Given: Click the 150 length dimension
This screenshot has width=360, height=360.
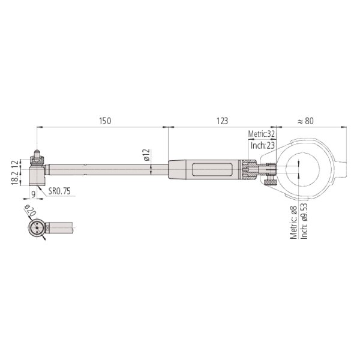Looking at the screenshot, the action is pos(105,121).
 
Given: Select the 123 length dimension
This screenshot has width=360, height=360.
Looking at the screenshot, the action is pos(222,121).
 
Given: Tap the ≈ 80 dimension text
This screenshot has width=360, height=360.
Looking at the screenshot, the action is pos(305,121).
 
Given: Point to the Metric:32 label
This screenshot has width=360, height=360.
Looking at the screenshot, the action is pos(261,134).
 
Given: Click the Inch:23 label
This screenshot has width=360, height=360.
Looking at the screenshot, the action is pos(263,145).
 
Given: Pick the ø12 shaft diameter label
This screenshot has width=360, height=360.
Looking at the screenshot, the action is pos(146,155).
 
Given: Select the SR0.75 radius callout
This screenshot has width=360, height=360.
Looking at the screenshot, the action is pos(59,191).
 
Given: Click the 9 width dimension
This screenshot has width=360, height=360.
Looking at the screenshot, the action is pos(33,194).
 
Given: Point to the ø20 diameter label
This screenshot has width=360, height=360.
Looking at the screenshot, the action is pos(31,210).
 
